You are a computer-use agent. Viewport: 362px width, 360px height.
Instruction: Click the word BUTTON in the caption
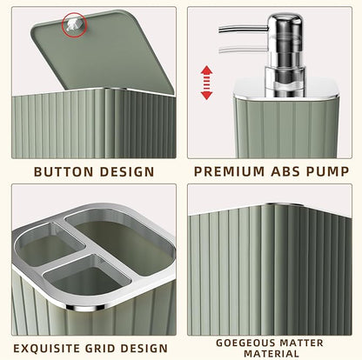click(x=63, y=171)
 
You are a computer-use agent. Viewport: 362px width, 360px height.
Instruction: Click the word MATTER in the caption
click(x=305, y=342)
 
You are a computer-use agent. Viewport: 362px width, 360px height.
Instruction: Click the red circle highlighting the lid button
click(x=73, y=27)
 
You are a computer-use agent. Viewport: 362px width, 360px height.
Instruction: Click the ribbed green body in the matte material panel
click(x=270, y=270)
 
